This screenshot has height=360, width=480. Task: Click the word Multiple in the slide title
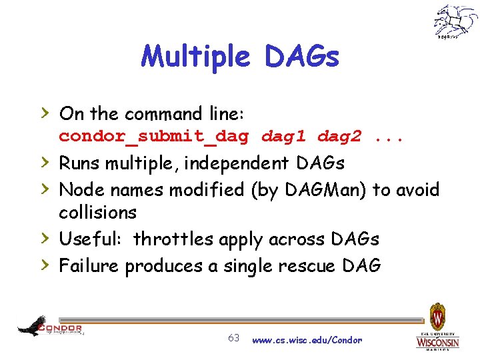pos(195,57)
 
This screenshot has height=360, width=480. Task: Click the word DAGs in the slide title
pos(302,57)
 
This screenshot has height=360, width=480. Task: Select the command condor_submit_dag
pos(154,137)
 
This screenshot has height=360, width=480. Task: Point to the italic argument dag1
pos(283,137)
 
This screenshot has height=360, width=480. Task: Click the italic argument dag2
pos(339,137)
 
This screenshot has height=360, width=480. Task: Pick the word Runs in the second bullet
pos(81,163)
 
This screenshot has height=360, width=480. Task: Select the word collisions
pos(97,213)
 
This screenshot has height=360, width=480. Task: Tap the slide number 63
pos(233,338)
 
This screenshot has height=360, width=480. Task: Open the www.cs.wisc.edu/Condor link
pos(307,340)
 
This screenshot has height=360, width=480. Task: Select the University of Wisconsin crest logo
pos(437,327)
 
